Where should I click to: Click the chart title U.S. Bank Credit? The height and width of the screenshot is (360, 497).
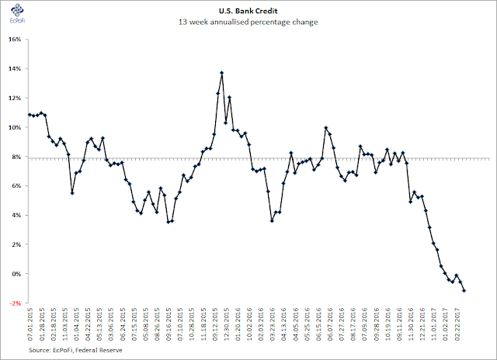coord(248,11)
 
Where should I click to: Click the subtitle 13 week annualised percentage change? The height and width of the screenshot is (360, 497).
coord(248,22)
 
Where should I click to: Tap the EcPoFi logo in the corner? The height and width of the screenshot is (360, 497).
coord(17,14)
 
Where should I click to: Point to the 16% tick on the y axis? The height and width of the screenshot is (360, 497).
coord(16,40)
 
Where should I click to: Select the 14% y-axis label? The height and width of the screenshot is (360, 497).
coord(16,69)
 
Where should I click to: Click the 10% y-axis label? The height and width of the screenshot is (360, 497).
coord(16,127)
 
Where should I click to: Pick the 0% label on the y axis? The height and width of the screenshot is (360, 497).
coord(17,274)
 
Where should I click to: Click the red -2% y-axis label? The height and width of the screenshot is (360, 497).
coord(16,303)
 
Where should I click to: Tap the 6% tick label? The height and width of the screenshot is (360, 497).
coord(17,186)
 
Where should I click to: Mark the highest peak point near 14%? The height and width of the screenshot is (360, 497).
coord(222,73)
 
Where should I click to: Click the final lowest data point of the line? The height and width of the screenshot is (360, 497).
coord(464,291)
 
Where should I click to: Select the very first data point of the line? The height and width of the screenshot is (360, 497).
coord(30,115)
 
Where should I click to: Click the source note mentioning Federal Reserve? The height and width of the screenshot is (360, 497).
coord(75,350)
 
